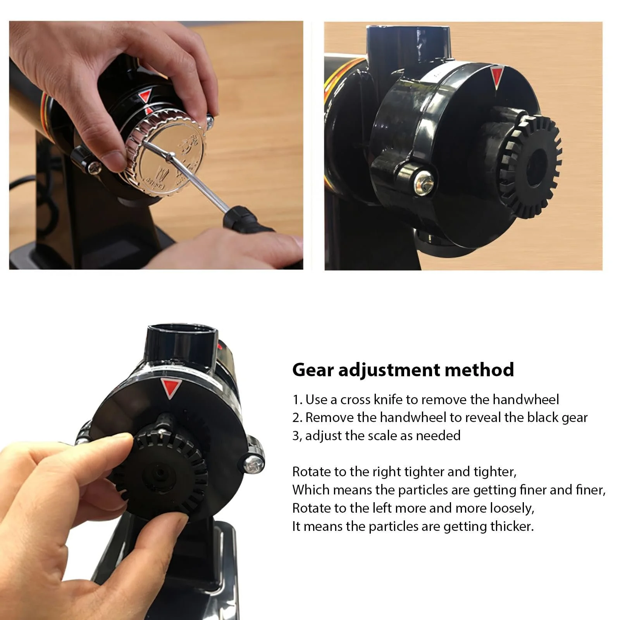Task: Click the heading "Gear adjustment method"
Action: [403, 370]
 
